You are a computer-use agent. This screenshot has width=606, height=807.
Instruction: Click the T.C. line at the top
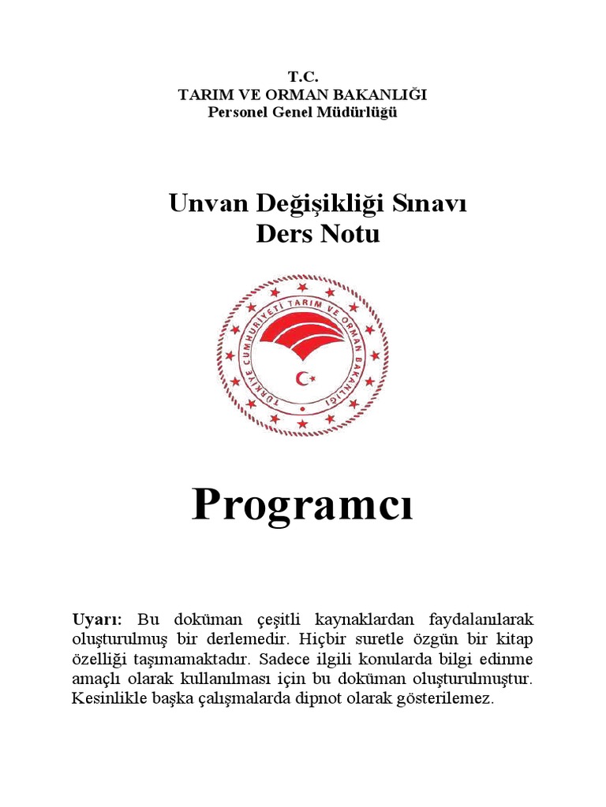pos(302,77)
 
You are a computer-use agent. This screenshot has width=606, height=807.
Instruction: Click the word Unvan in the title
pos(209,204)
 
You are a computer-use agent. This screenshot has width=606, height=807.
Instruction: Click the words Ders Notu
pos(318,234)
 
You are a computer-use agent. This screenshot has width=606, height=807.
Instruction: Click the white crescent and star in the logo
pos(305,378)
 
